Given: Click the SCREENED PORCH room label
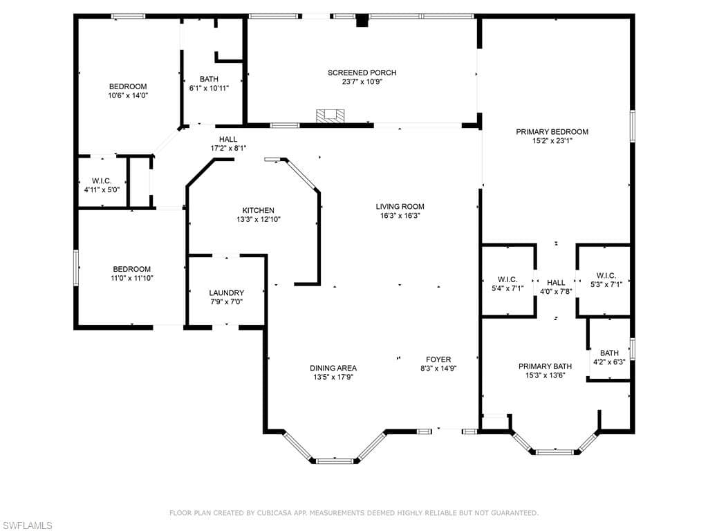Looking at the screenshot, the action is tap(362, 73).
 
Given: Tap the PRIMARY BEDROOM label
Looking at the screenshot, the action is tap(552, 132).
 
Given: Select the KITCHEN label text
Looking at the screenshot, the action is tap(259, 210).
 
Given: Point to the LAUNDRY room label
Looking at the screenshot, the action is tap(226, 293).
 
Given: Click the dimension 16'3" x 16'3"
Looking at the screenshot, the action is tap(400, 216).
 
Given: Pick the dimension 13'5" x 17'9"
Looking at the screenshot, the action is tap(333, 377).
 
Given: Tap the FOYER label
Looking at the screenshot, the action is tap(438, 360).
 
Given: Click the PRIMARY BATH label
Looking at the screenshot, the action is tap(545, 366).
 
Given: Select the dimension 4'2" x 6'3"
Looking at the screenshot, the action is tap(609, 362).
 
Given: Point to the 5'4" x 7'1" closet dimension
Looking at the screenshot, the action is tap(507, 288).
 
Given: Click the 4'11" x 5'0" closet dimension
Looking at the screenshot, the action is tap(102, 189).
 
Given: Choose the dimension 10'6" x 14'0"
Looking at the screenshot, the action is tap(128, 95).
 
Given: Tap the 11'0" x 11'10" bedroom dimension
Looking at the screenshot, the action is tap(132, 278).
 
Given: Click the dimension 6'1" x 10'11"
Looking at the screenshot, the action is tap(209, 88).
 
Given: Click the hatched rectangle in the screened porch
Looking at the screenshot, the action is tap(330, 115).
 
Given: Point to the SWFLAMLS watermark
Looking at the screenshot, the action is tap(26, 525).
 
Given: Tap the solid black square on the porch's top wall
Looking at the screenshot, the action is tap(362, 21).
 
